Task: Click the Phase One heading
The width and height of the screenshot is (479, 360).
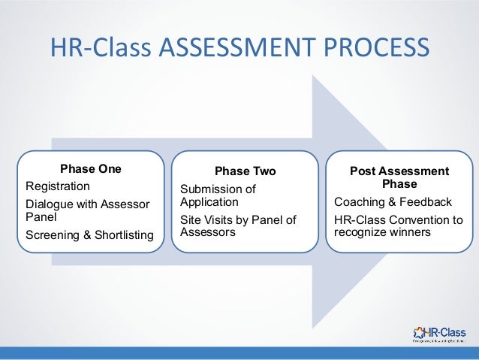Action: point(91,169)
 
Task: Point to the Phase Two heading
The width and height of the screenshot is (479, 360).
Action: point(246,172)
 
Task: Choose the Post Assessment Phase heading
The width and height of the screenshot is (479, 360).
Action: point(399,177)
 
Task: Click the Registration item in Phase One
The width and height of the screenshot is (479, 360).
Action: point(58,186)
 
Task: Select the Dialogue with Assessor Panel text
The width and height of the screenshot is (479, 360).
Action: point(87,210)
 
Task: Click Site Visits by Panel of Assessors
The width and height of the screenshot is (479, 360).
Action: point(238,226)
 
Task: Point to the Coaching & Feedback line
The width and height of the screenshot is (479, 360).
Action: point(393,202)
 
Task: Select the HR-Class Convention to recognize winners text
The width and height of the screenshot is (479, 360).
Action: point(398,226)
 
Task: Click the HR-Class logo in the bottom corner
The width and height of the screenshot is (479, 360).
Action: point(439,333)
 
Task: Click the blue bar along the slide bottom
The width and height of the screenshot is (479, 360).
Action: point(239,353)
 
